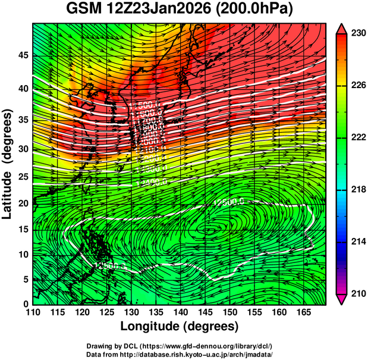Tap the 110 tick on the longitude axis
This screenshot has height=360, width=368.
click(x=33, y=313)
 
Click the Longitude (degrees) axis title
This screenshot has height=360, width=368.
click(x=180, y=326)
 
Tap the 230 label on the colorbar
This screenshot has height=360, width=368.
click(x=358, y=34)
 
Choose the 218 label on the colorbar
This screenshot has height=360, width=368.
click(x=358, y=190)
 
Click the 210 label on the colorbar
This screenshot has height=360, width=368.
click(x=358, y=293)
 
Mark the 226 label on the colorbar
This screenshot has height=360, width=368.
click(x=358, y=86)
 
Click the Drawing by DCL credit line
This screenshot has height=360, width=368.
click(x=180, y=346)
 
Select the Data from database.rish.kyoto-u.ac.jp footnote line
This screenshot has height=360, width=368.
click(x=180, y=354)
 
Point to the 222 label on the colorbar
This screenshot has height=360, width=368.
click(x=358, y=137)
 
